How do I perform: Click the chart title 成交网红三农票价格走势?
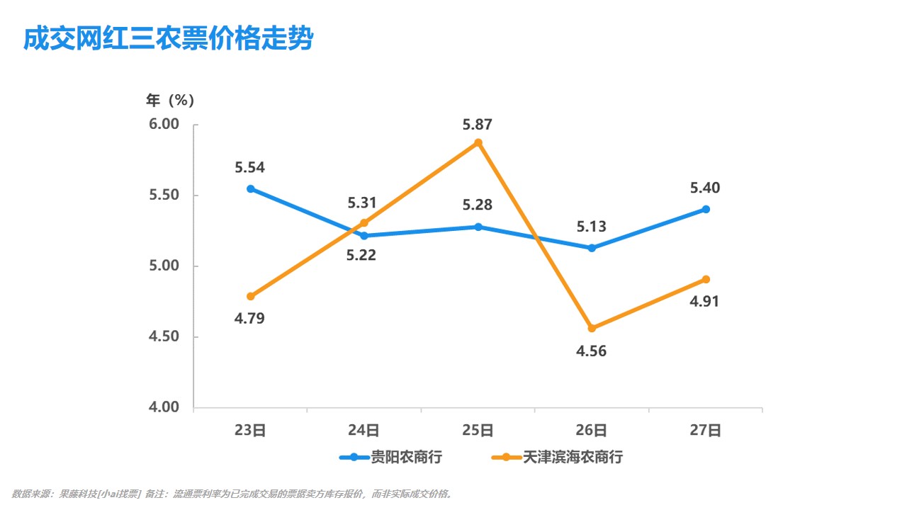coord(168,39)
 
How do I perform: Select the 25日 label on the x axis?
coord(478,431)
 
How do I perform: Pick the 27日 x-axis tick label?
coord(705,431)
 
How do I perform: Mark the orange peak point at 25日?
coord(478,142)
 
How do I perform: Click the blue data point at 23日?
coord(251,189)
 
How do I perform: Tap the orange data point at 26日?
coord(592,328)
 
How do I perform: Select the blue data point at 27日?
coord(706,209)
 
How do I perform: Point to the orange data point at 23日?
coord(251,296)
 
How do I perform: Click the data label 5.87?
coord(478,125)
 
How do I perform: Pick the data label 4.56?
coord(592,351)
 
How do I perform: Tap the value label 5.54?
coord(250,168)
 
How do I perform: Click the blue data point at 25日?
coord(478,227)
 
